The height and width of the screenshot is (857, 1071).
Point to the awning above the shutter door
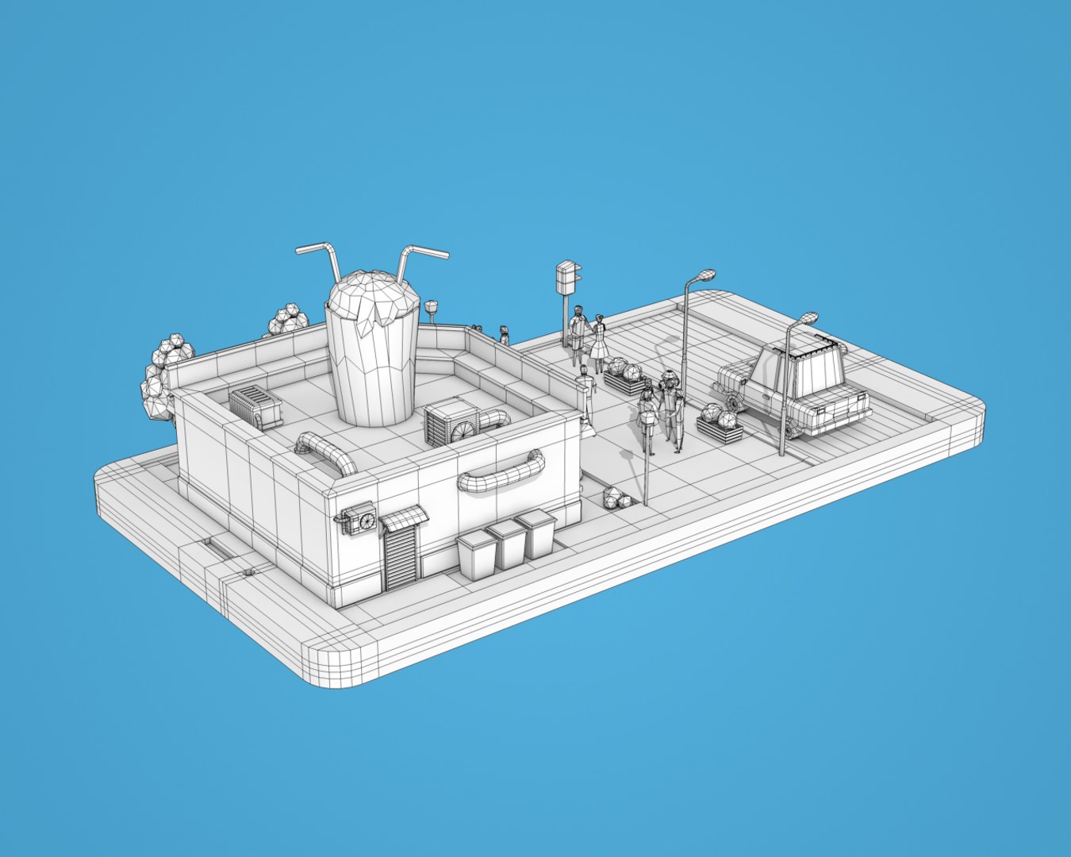pyautogui.click(x=404, y=518)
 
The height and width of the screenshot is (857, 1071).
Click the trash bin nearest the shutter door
pyautogui.click(x=477, y=554)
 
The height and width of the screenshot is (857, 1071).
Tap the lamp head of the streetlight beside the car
pyautogui.click(x=805, y=319)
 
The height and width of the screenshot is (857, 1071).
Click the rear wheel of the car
pyautogui.click(x=733, y=402)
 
